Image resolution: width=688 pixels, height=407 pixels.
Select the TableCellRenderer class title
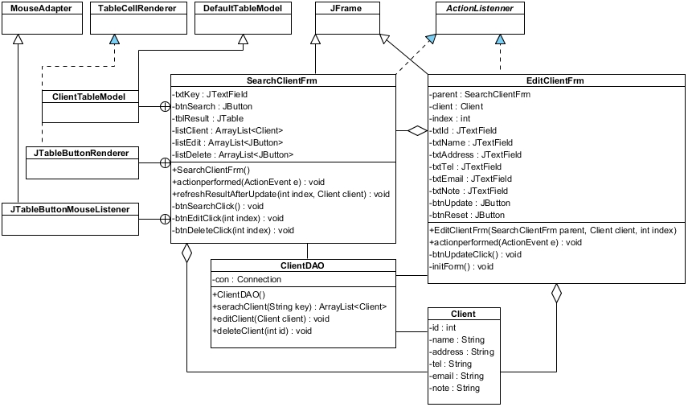tap(137, 9)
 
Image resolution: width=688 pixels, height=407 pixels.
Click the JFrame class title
tap(348, 9)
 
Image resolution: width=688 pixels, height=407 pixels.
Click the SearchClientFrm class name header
tap(283, 81)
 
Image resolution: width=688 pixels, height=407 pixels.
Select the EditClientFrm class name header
tap(555, 81)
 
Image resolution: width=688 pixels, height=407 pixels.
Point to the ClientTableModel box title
tap(88, 97)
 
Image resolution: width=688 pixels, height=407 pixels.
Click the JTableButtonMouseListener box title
tap(71, 209)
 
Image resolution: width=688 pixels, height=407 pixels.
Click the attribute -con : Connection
tap(247, 279)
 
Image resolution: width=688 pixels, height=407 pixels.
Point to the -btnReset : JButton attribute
tap(468, 215)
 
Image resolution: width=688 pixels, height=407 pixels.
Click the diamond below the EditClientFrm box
tap(555, 294)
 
